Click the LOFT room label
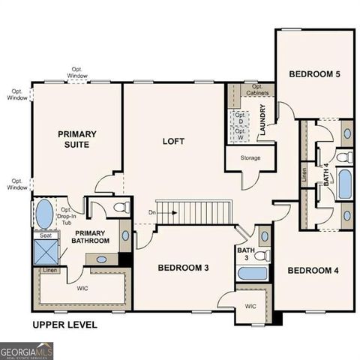(x=174, y=140)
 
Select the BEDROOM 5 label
(x=315, y=74)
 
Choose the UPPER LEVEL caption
(x=64, y=325)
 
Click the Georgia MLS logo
(x=26, y=350)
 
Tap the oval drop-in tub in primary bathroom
(x=43, y=214)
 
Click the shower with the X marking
(x=43, y=251)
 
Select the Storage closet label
(x=250, y=159)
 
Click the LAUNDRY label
(x=263, y=120)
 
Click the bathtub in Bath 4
(x=344, y=184)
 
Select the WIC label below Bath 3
(x=251, y=306)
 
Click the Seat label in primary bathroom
(x=44, y=235)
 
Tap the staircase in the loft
(x=190, y=211)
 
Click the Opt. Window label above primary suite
(x=76, y=73)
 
